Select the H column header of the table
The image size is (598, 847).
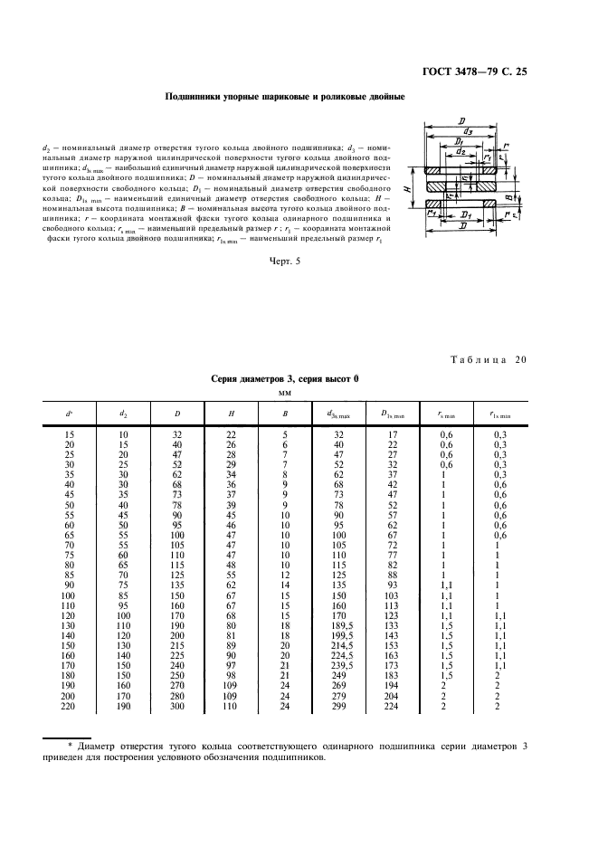click(x=232, y=415)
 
